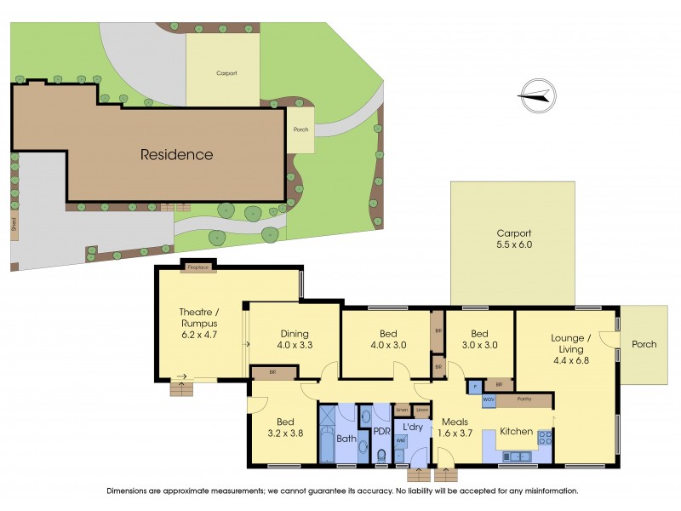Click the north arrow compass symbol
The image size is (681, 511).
pos(535,95)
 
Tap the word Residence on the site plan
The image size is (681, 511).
pos(176,155)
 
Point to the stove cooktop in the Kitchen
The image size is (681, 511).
pos(543,439)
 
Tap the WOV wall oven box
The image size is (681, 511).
pos(489,399)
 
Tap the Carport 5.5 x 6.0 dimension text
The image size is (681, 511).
pos(513,239)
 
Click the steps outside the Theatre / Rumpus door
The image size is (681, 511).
pos(182,388)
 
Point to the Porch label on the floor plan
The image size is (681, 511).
pos(644,344)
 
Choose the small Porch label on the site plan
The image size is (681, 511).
pos(300,130)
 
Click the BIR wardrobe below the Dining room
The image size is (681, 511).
pos(272,372)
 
